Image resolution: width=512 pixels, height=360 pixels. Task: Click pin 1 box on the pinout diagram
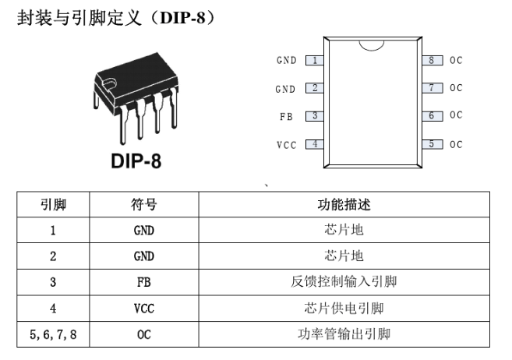point(315,60)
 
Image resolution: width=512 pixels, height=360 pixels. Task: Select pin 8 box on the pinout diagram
point(433,60)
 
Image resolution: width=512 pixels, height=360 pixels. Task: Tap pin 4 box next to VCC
point(315,144)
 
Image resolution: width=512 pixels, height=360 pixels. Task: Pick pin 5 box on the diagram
point(433,144)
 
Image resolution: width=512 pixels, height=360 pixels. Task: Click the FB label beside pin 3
point(286,117)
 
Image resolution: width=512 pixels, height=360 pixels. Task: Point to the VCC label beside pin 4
point(286,145)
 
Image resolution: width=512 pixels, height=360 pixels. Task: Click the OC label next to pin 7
point(456,88)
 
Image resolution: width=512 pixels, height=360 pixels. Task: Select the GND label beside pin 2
point(285,89)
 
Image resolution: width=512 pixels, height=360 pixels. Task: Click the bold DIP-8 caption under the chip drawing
point(136,161)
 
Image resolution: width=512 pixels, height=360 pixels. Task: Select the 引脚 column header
point(53,205)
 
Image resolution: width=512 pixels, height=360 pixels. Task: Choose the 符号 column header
point(144,205)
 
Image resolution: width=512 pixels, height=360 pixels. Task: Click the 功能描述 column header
point(344,205)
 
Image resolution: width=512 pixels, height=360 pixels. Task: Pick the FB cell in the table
point(144,282)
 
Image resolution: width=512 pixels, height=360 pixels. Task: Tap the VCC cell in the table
point(144,309)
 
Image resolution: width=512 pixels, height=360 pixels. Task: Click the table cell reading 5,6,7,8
point(53,334)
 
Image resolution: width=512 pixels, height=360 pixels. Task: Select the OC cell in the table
point(144,334)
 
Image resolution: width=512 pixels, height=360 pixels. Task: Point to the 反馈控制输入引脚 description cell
point(344,281)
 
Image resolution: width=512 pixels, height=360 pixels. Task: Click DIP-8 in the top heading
point(183,17)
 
